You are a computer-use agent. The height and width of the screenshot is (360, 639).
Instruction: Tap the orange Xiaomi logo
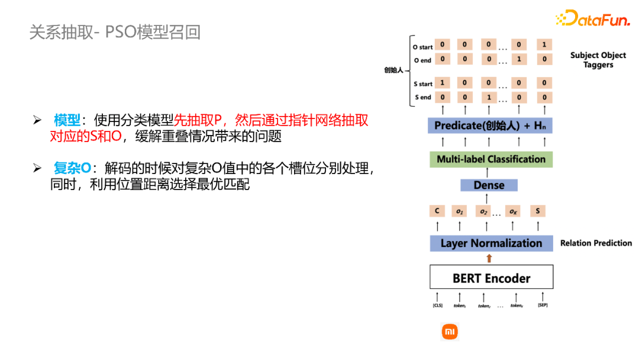tap(450, 332)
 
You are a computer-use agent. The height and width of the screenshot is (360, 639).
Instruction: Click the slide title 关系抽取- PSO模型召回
tap(115, 32)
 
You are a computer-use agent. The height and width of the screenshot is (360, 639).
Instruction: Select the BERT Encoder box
tap(491, 278)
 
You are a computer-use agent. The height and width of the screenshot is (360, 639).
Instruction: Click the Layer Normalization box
tap(491, 243)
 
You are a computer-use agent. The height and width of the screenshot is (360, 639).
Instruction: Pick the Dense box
tap(489, 185)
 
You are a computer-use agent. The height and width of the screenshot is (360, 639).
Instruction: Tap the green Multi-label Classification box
tap(490, 159)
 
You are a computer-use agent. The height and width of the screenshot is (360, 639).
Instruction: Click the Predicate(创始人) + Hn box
tap(490, 125)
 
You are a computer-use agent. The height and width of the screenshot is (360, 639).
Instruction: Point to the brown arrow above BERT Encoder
tap(489, 258)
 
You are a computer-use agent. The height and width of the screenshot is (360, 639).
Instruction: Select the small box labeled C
tap(437, 211)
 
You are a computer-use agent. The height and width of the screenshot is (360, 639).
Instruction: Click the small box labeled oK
tap(512, 211)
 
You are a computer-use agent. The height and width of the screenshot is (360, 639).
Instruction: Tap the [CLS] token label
tap(437, 306)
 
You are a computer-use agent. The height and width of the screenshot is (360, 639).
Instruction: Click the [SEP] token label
tap(542, 306)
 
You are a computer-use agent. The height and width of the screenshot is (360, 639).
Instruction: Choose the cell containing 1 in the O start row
tap(544, 45)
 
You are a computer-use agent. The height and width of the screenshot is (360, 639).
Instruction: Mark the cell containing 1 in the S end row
tap(488, 97)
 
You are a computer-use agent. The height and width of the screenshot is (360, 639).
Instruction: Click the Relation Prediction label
tap(596, 243)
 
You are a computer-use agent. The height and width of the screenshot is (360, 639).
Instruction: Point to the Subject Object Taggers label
tap(598, 60)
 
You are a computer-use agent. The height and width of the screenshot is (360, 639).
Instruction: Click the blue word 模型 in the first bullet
tap(67, 121)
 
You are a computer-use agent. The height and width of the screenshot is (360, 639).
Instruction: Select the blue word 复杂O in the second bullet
tap(72, 168)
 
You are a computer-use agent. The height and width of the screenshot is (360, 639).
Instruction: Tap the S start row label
tap(423, 84)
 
